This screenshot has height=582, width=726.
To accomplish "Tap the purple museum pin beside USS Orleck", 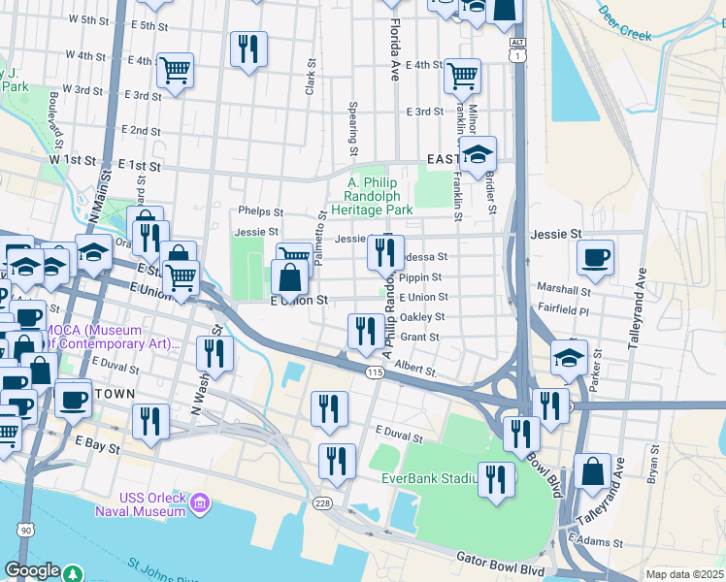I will [200, 502].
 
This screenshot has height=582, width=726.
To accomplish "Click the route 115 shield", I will [375, 372].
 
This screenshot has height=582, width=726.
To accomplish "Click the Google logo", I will [33, 570].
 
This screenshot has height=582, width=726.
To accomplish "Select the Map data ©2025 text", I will [684, 574].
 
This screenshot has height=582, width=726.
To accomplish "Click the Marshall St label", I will [563, 290].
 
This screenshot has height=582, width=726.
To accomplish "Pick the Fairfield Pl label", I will [562, 309].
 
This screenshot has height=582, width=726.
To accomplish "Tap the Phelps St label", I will [259, 212].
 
